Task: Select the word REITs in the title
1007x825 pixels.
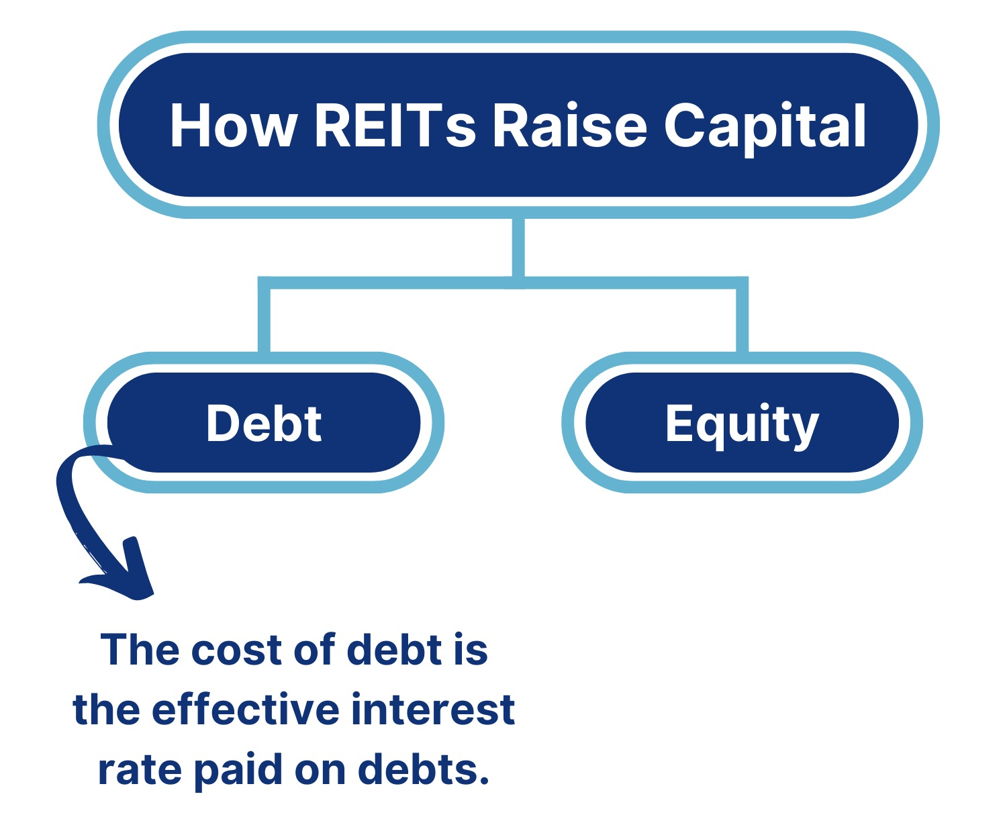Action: (x=395, y=126)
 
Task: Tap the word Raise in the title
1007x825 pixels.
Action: (x=570, y=125)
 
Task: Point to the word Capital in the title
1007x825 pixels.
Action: (x=765, y=128)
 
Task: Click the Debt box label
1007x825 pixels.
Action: (x=264, y=423)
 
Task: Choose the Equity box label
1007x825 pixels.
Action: (x=742, y=426)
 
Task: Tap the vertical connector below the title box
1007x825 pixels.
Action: (x=518, y=247)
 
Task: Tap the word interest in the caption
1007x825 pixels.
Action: (x=433, y=710)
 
